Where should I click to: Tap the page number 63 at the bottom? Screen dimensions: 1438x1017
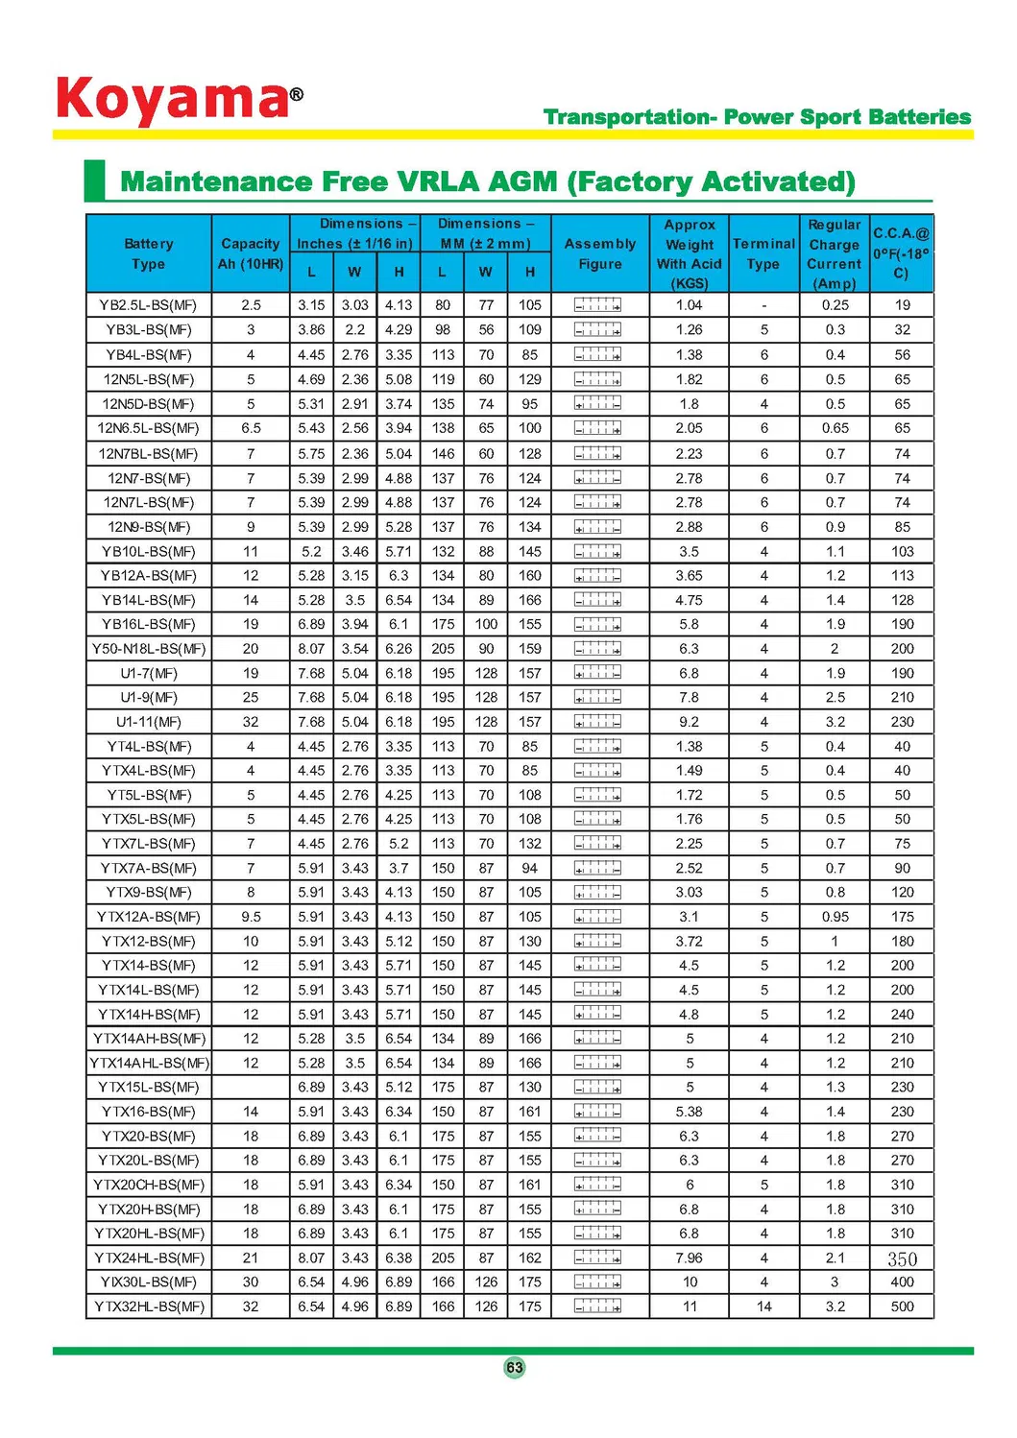[515, 1367]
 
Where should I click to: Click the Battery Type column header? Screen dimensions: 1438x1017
[148, 253]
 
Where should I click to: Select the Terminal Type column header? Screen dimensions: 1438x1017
[763, 253]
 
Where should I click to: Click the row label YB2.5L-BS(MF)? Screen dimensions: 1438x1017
[148, 305]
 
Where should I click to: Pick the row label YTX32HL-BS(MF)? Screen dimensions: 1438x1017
[149, 1306]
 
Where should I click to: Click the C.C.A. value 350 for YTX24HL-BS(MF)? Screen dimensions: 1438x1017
[902, 1258]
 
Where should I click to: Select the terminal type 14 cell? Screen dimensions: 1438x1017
[763, 1306]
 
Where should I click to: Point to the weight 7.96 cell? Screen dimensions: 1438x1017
[689, 1258]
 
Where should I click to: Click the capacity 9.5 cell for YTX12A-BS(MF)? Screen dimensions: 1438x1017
[251, 917]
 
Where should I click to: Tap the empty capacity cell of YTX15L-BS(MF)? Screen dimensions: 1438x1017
[251, 1088]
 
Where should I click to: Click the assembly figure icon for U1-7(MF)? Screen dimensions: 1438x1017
[597, 673]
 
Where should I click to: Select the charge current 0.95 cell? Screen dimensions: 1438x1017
[835, 917]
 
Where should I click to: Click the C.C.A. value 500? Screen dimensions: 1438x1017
[902, 1306]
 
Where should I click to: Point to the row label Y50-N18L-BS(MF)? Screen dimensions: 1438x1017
[149, 649]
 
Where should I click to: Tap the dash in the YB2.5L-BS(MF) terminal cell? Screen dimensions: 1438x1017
[763, 305]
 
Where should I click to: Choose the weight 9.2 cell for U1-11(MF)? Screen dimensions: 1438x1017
[689, 722]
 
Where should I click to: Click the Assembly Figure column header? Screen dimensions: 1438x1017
[599, 253]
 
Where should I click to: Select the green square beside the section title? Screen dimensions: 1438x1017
[94, 180]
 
